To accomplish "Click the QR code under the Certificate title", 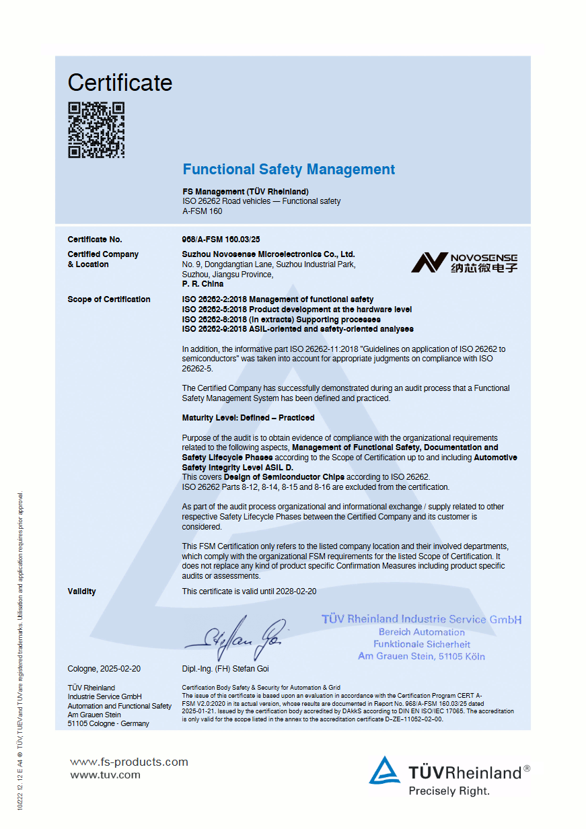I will pyautogui.click(x=96, y=130).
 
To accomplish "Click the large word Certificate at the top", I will pyautogui.click(x=120, y=83).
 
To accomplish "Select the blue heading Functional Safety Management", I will pyautogui.click(x=289, y=170).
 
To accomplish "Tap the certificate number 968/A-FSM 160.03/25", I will pyautogui.click(x=221, y=240).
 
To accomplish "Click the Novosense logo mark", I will pyautogui.click(x=429, y=262).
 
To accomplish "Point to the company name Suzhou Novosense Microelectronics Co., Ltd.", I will pyautogui.click(x=268, y=254).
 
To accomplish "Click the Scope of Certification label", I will pyautogui.click(x=109, y=299).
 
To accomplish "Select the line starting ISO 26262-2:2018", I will pyautogui.click(x=278, y=299).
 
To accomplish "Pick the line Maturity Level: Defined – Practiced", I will pyautogui.click(x=248, y=418).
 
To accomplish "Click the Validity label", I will pyautogui.click(x=82, y=591).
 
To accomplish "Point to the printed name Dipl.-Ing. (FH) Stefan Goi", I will pyautogui.click(x=225, y=669).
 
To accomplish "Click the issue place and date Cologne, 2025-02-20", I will pyautogui.click(x=104, y=669).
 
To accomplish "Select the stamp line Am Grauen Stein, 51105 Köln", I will pyautogui.click(x=421, y=656).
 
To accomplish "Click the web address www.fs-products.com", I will pyautogui.click(x=129, y=762).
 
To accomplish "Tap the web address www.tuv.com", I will pyautogui.click(x=106, y=774).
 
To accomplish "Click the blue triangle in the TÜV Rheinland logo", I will pyautogui.click(x=384, y=771).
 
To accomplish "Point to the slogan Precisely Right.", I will pyautogui.click(x=449, y=791).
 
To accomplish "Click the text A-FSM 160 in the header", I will pyautogui.click(x=203, y=211).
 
